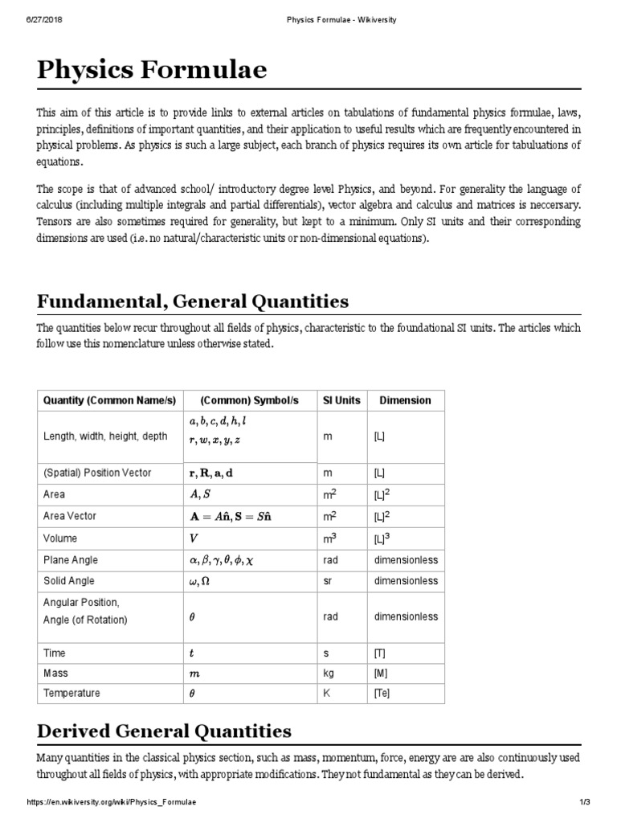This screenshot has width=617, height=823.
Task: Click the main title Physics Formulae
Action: pos(152,72)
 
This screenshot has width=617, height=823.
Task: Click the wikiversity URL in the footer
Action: pos(112,802)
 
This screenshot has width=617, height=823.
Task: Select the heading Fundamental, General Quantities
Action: pos(193,301)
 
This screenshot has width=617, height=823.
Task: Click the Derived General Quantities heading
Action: pos(164,731)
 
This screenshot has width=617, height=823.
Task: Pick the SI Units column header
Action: pos(341,400)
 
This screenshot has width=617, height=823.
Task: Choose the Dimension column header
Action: pos(405,400)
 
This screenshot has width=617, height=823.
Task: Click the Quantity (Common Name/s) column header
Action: pos(109,400)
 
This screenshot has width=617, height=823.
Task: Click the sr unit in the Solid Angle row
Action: pos(327,580)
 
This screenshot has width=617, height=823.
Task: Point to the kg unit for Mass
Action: pos(328,674)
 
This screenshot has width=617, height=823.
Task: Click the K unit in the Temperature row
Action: pos(326,694)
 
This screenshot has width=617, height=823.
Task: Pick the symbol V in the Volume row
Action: pos(193,538)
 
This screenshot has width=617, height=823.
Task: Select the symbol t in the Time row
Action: pos(191,653)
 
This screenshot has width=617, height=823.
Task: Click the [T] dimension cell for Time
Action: pos(380,653)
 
